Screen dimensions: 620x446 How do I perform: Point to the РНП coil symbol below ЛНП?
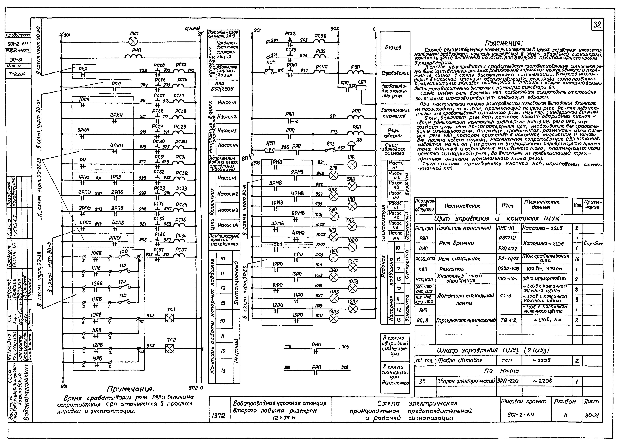click(133, 57)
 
